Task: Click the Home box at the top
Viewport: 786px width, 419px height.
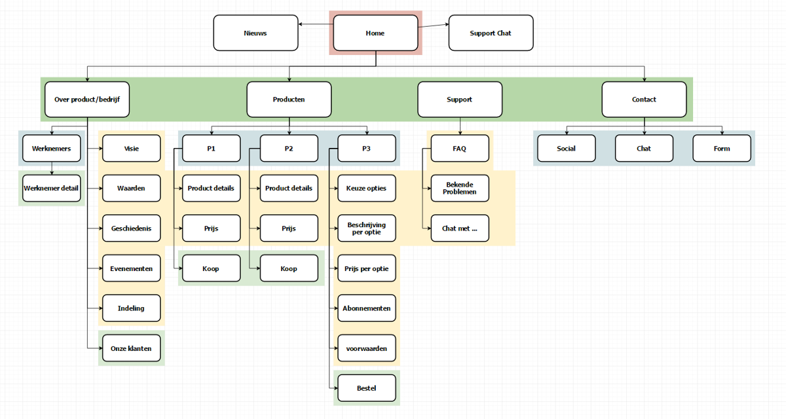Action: click(x=375, y=33)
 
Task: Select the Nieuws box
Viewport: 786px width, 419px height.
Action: click(x=255, y=33)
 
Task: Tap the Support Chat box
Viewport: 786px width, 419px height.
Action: click(x=491, y=33)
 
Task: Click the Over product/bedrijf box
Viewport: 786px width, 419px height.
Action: click(x=87, y=100)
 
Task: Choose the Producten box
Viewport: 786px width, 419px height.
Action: click(x=289, y=100)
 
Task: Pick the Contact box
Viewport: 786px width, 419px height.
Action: click(x=644, y=100)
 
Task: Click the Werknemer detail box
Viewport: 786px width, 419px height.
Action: click(x=51, y=188)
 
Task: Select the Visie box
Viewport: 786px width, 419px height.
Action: click(x=131, y=148)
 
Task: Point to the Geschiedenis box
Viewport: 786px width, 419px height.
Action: click(x=131, y=228)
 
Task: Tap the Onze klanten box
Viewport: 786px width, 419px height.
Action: click(x=131, y=348)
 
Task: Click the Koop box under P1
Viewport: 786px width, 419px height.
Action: click(x=211, y=268)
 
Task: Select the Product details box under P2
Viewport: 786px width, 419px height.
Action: click(x=289, y=188)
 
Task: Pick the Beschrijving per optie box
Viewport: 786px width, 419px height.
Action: click(x=367, y=228)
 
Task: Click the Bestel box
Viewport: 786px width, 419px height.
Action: click(x=367, y=388)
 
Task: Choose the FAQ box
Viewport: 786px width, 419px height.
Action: click(x=460, y=148)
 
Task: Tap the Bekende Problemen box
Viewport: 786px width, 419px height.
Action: click(x=460, y=188)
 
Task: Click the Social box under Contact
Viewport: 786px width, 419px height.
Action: click(x=566, y=148)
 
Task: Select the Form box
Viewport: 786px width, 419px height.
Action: click(x=722, y=148)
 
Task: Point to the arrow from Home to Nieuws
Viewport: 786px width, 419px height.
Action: click(x=316, y=25)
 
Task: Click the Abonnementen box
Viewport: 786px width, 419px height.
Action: click(x=367, y=308)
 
